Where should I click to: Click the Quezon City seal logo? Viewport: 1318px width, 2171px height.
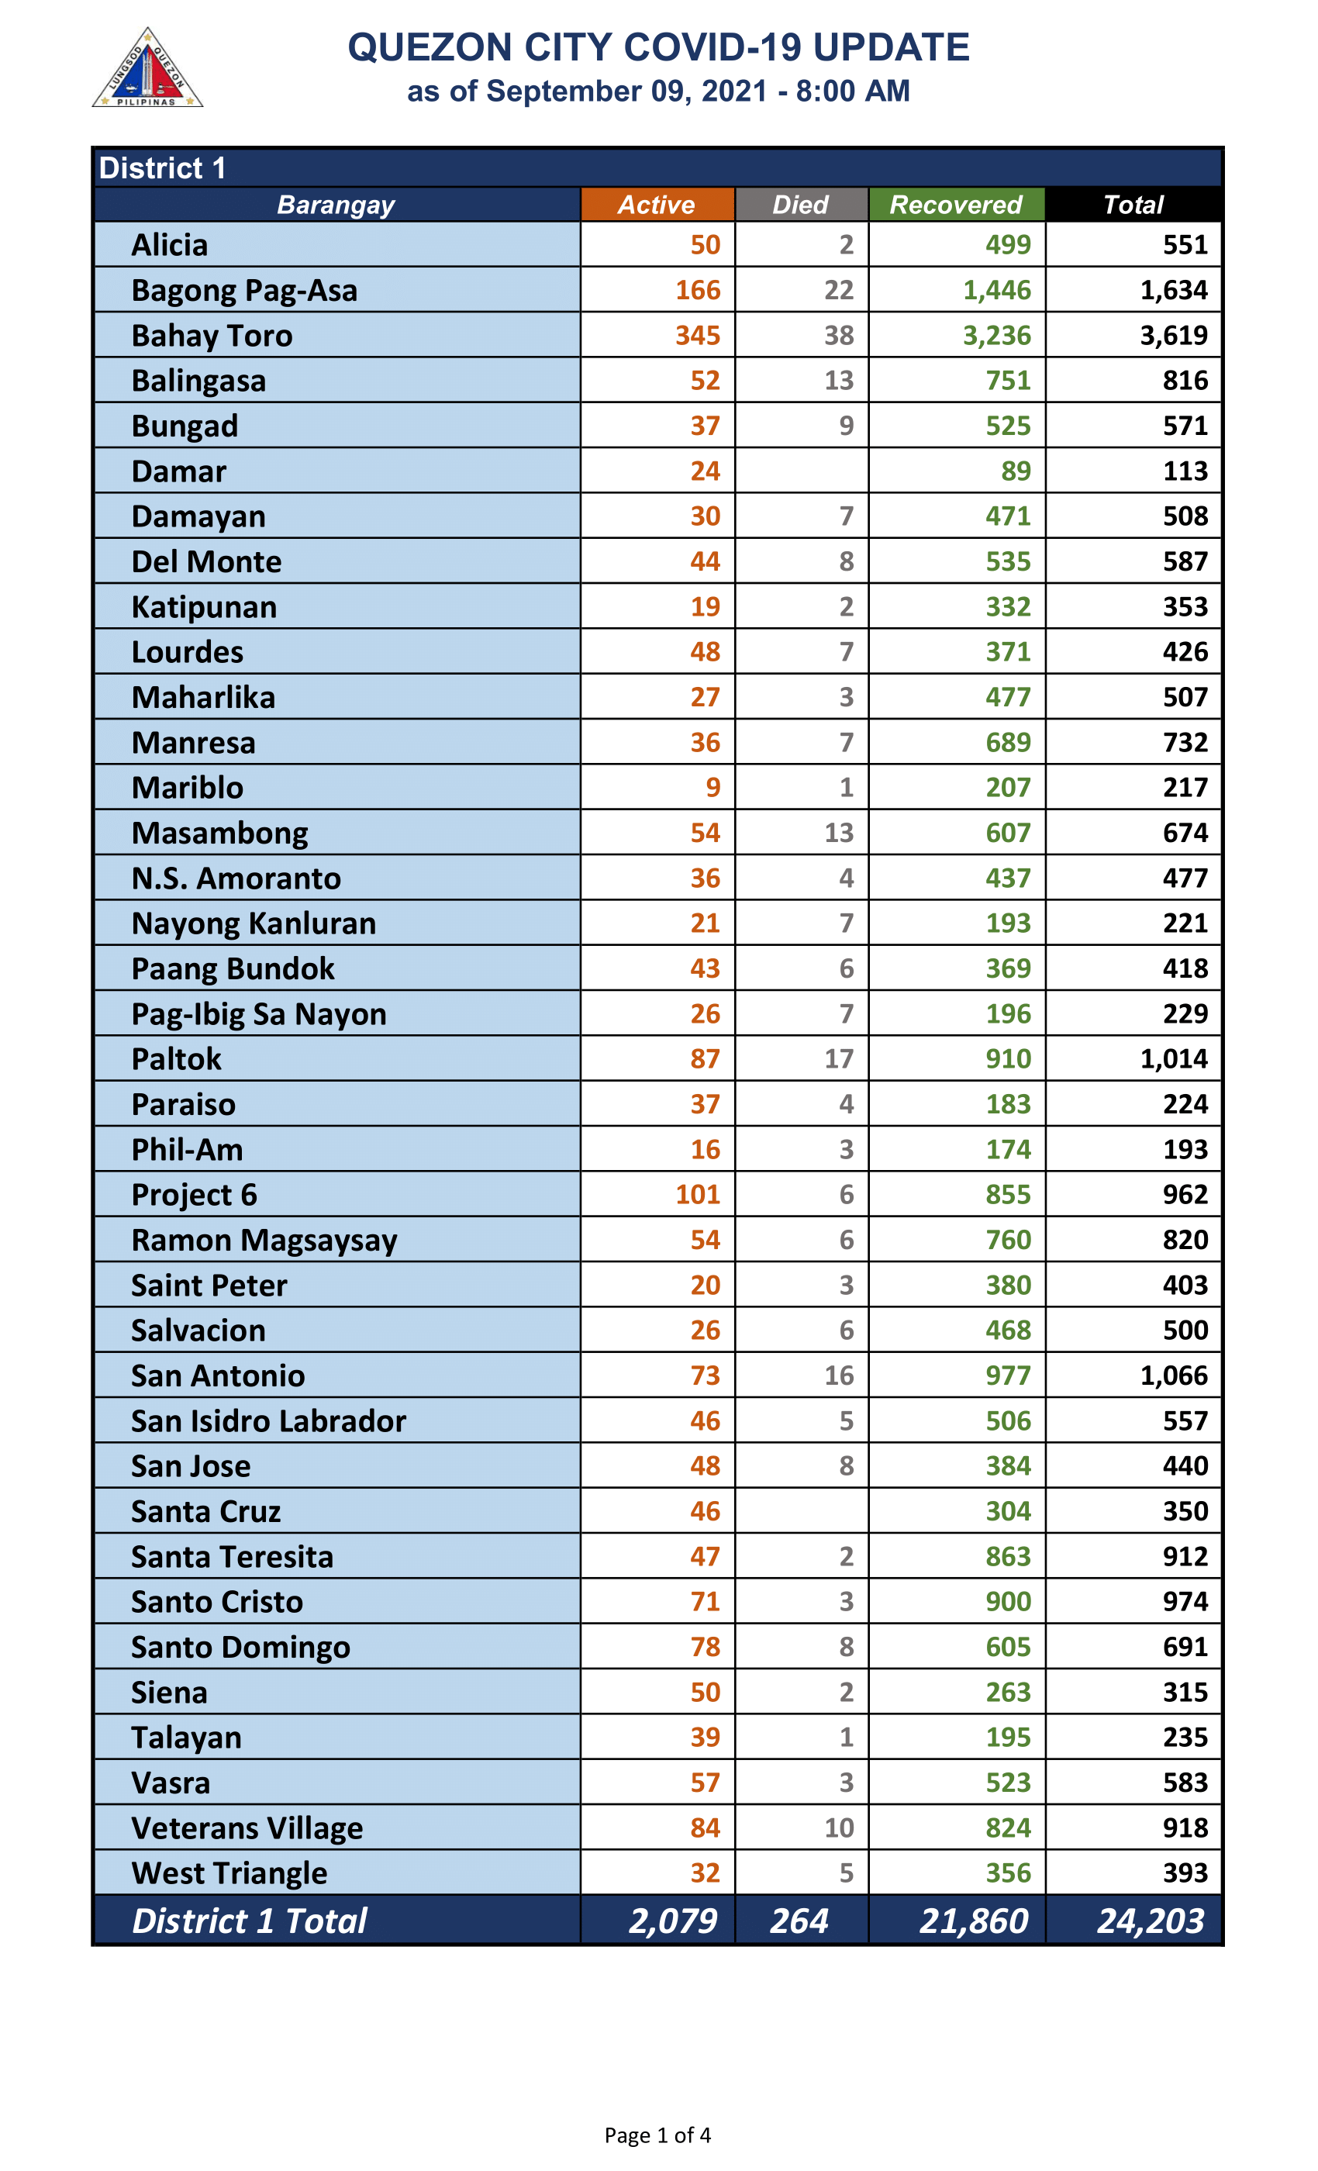coord(147,69)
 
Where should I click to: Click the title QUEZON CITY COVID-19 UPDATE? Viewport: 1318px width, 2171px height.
coord(658,47)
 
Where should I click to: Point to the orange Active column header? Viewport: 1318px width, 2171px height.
coord(657,205)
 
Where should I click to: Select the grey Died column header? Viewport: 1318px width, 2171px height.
coord(800,205)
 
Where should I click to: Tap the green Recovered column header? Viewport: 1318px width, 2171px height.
coord(956,205)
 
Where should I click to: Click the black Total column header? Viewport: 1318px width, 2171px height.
coord(1133,205)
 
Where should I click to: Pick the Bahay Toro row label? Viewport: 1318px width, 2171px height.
coord(212,336)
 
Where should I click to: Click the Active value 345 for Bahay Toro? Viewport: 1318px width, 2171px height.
coord(698,336)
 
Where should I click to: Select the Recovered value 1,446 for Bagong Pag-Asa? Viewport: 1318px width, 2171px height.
coord(996,291)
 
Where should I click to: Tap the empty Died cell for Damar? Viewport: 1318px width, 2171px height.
coord(802,471)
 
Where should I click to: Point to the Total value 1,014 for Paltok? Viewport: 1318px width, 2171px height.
coord(1174,1058)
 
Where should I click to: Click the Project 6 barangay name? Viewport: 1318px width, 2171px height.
coord(194,1195)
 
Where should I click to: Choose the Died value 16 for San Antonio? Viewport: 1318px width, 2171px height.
coord(839,1375)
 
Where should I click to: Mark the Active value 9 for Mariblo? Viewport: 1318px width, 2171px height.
coord(712,788)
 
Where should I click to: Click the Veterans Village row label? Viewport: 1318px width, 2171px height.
coord(247,1828)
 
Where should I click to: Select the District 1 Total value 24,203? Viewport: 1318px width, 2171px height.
coord(1150,1921)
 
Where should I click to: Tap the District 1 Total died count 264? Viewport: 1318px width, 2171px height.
coord(799,1921)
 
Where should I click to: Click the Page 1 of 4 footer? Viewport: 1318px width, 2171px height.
coord(657,2135)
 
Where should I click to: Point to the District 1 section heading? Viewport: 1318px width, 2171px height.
coord(162,167)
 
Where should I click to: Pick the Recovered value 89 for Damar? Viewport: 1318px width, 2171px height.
coord(1016,471)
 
